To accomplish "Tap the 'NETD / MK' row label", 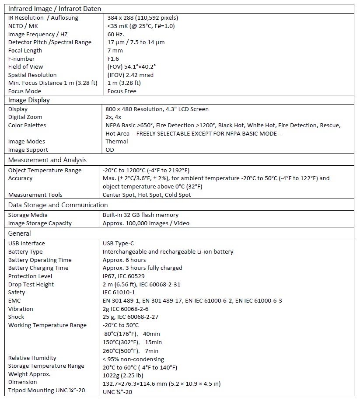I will [x=23, y=26].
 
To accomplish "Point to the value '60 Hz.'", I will [x=116, y=34].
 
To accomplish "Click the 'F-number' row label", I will [x=21, y=59].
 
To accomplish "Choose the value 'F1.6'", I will [x=113, y=59].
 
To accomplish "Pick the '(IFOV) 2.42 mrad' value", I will [x=130, y=75].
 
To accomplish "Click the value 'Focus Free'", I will [x=122, y=91].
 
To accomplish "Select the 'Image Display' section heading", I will [x=29, y=100].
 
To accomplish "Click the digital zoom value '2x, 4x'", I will [x=114, y=117].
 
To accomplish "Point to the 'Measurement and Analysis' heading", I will [x=47, y=160].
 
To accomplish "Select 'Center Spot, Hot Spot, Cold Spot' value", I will [x=147, y=195].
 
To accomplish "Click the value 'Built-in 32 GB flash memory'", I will [x=140, y=215].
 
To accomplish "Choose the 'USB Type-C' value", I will [x=119, y=243].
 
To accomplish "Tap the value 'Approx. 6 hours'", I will [x=124, y=260].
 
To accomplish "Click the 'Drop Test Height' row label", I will [x=31, y=284].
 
